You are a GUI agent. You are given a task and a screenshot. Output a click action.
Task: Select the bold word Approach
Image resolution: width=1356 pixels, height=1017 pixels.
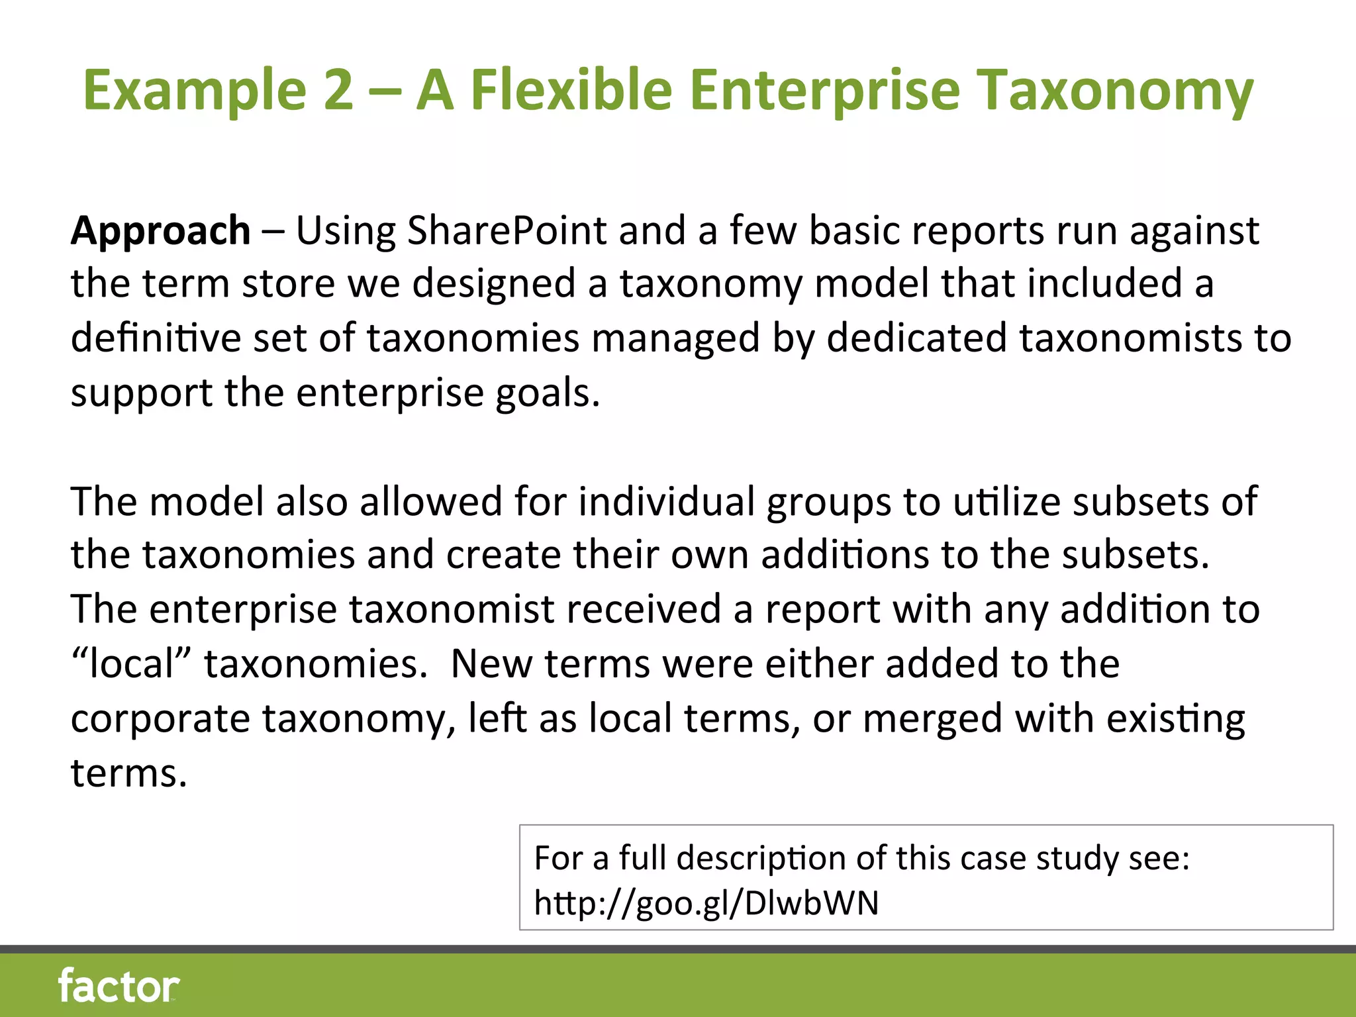tap(161, 231)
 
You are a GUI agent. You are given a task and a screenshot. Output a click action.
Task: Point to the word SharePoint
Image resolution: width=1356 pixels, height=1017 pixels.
tap(507, 231)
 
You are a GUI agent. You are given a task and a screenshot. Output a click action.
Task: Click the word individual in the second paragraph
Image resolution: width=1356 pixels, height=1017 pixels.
tap(666, 501)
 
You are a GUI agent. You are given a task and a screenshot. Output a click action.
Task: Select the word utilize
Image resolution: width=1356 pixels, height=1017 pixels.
tap(1006, 501)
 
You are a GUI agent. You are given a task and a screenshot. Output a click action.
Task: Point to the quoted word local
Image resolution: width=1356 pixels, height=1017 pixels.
tap(131, 663)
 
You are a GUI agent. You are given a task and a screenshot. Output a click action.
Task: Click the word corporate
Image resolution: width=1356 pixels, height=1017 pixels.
tap(160, 718)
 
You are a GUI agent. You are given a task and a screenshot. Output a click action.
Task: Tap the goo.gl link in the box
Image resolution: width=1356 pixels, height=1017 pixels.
tap(706, 902)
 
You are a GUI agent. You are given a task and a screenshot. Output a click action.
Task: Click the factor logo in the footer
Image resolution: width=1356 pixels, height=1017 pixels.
tap(119, 986)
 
